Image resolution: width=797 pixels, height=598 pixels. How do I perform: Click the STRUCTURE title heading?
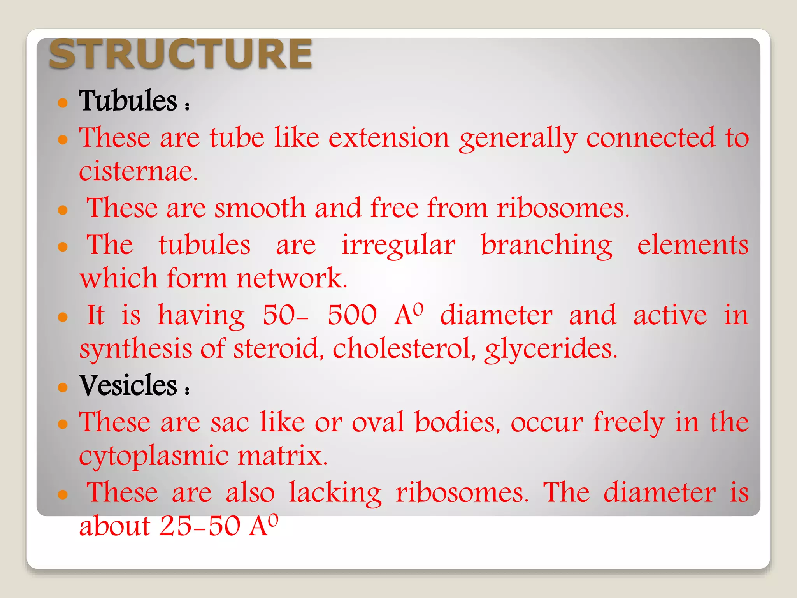point(180,54)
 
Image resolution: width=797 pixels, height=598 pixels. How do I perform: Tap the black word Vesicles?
point(128,385)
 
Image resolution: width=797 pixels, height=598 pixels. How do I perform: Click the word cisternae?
point(138,172)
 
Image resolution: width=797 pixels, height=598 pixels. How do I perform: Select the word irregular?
point(398,245)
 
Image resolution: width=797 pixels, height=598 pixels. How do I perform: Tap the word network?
point(291,278)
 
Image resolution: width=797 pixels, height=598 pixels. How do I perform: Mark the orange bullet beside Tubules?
point(63,103)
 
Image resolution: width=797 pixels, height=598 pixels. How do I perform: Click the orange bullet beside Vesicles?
point(63,387)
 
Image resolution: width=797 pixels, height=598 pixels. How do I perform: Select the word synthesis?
point(135,349)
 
